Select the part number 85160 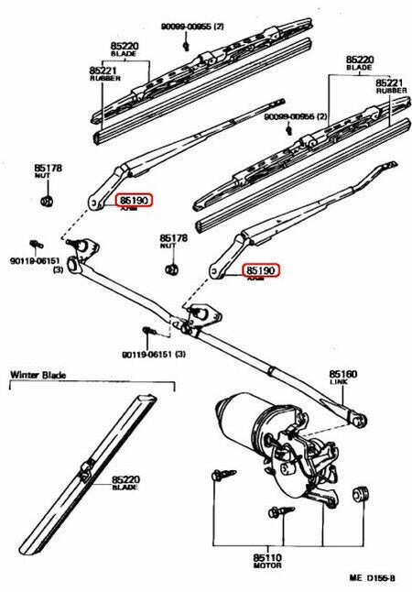[x=342, y=375]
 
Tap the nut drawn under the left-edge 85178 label [x=49, y=201]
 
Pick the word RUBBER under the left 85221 [x=103, y=79]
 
